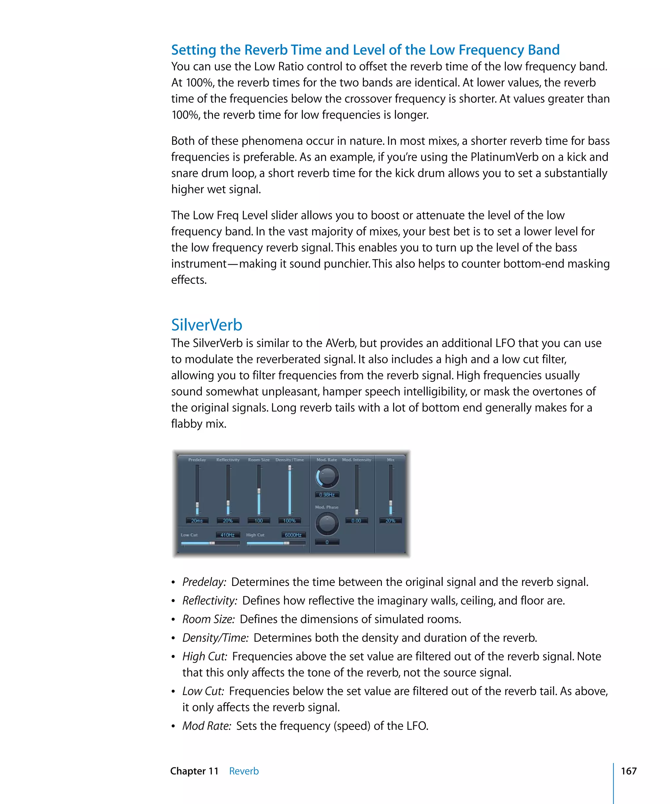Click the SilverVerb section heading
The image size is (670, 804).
(x=206, y=325)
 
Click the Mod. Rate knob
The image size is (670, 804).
(x=326, y=476)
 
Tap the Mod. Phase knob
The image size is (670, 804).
(x=326, y=523)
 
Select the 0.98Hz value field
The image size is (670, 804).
(x=326, y=495)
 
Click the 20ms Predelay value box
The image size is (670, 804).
(x=197, y=521)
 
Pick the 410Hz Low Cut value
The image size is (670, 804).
(x=227, y=535)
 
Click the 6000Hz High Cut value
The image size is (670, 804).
(x=293, y=535)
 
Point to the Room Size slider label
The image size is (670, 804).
(x=258, y=460)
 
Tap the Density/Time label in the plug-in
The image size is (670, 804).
(x=290, y=460)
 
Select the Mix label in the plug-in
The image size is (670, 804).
(x=390, y=460)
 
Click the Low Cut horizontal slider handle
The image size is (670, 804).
(x=212, y=543)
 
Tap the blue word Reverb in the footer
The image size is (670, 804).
(x=244, y=771)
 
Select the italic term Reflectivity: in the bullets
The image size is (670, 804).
(x=209, y=601)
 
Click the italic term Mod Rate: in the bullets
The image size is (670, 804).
(x=206, y=726)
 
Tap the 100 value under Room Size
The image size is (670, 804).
(x=258, y=521)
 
